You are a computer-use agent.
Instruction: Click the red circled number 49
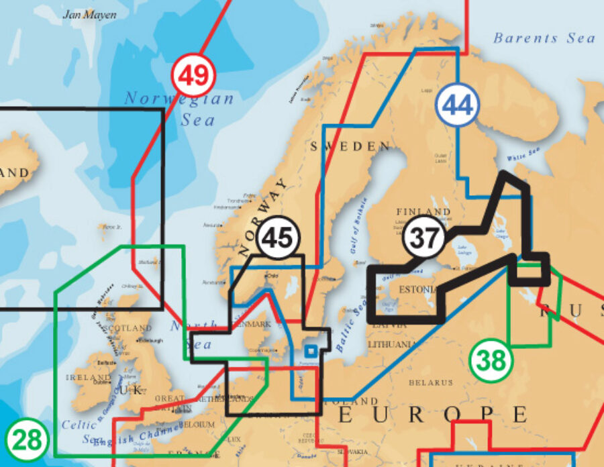[x=193, y=75]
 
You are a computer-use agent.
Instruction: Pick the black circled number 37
[x=425, y=238]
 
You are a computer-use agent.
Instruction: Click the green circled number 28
[x=28, y=441]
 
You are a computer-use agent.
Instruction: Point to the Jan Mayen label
[x=89, y=14]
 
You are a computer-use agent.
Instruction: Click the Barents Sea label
[x=544, y=38]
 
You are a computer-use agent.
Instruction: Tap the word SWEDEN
[x=350, y=146]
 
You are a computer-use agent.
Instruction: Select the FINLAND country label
[x=423, y=212]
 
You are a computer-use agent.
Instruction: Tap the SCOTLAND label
[x=130, y=329]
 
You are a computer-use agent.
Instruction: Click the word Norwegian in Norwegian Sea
[x=179, y=99]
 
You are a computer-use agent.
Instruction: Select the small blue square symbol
[x=310, y=350]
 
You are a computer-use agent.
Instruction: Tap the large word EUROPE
[x=433, y=415]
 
